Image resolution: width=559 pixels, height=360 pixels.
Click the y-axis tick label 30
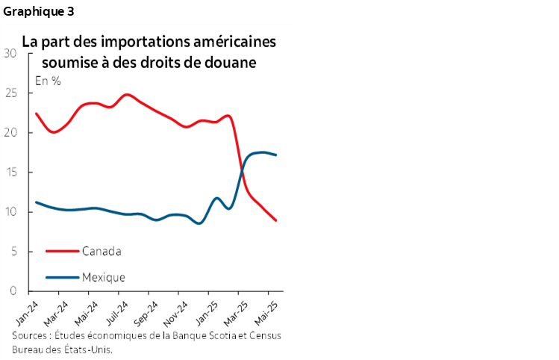[x=10, y=53]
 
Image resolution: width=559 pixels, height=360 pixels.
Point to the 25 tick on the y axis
[x=10, y=93]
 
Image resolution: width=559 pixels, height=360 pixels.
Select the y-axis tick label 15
[x=10, y=173]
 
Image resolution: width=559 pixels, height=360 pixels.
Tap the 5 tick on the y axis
[x=13, y=252]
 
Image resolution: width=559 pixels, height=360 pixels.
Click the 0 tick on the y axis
[x=13, y=291]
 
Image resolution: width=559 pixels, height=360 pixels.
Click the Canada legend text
[x=102, y=250]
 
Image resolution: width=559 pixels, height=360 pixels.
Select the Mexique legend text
[x=104, y=277]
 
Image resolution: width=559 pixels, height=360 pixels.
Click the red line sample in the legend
[x=63, y=250]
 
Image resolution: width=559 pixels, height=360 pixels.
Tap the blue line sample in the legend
[x=63, y=277]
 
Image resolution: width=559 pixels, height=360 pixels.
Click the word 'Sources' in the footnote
[x=31, y=336]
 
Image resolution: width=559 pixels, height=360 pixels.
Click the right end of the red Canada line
[x=276, y=220]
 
